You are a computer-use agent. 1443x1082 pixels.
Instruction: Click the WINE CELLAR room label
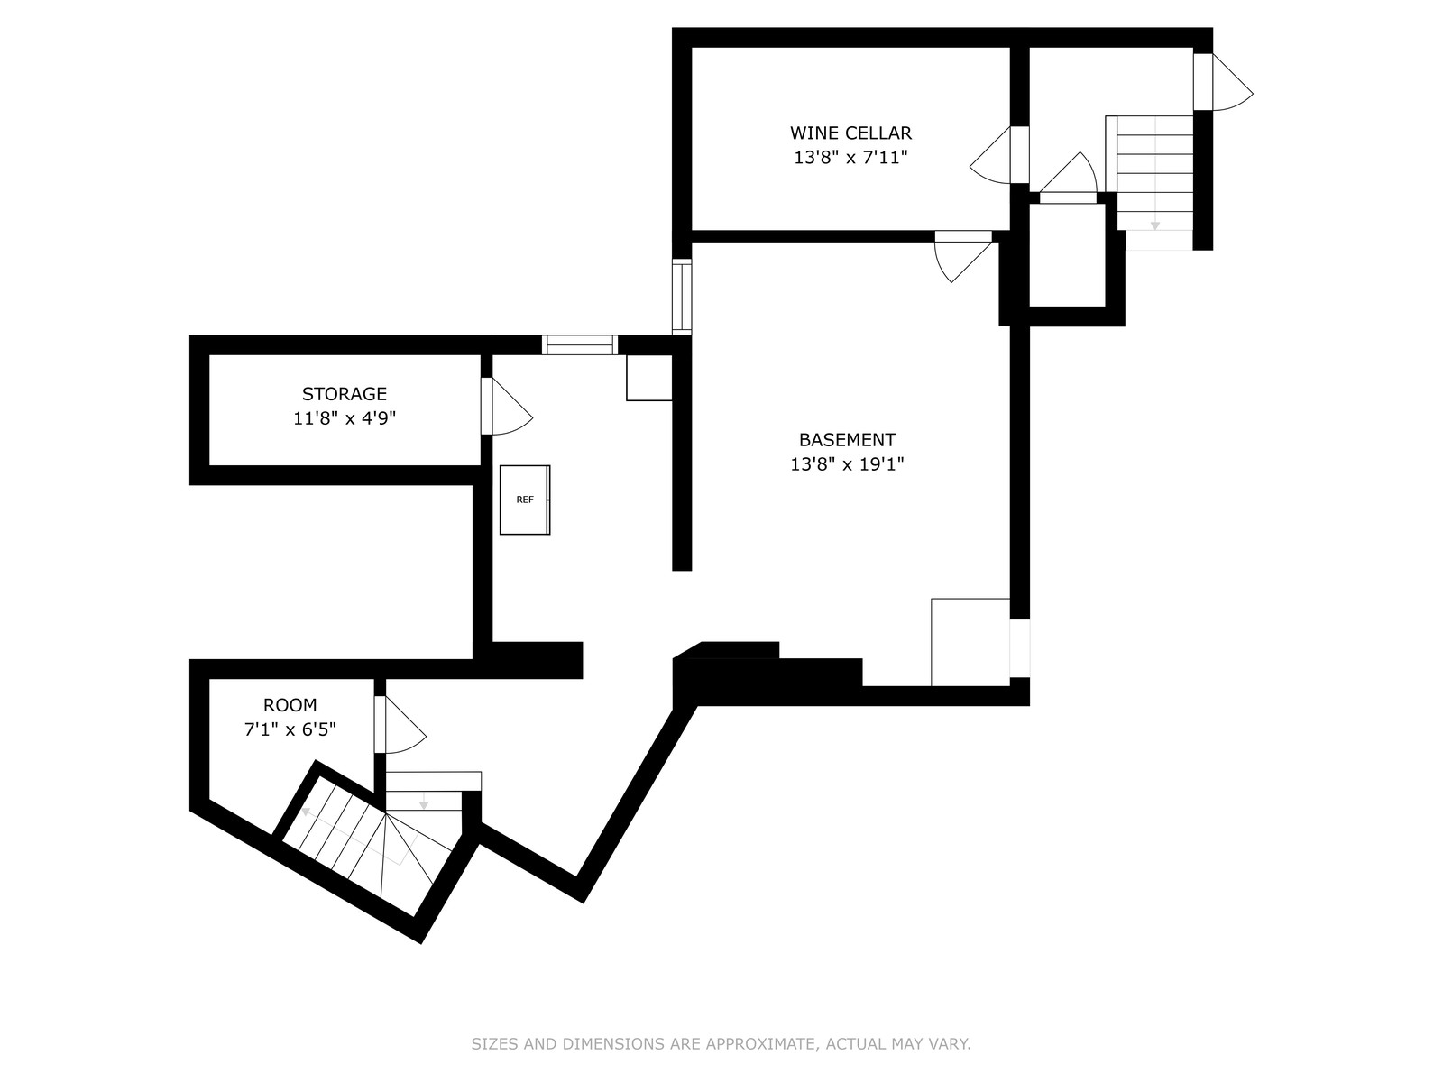pos(850,133)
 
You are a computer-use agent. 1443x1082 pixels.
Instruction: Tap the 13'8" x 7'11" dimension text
pos(850,158)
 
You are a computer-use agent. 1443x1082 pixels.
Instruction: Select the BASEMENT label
pos(847,439)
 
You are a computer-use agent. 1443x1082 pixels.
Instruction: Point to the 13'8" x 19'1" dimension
pos(847,464)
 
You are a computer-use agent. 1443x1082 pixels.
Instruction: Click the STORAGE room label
pos(344,393)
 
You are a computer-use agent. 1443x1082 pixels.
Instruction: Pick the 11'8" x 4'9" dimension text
pos(344,418)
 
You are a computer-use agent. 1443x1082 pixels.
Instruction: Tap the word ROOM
pos(290,705)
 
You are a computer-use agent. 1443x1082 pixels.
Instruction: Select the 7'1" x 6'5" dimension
pos(290,729)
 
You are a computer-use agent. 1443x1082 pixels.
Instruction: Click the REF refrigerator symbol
pos(525,500)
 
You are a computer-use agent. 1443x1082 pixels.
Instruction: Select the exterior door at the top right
pos(1224,82)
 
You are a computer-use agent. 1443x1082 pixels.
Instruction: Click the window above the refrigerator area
pos(579,345)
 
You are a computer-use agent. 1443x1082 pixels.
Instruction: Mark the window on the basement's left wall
pos(682,297)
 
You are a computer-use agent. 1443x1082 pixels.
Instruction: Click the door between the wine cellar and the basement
pos(963,256)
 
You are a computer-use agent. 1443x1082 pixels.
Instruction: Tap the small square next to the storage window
pos(648,378)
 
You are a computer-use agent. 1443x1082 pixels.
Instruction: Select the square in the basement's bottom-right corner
pos(970,642)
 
